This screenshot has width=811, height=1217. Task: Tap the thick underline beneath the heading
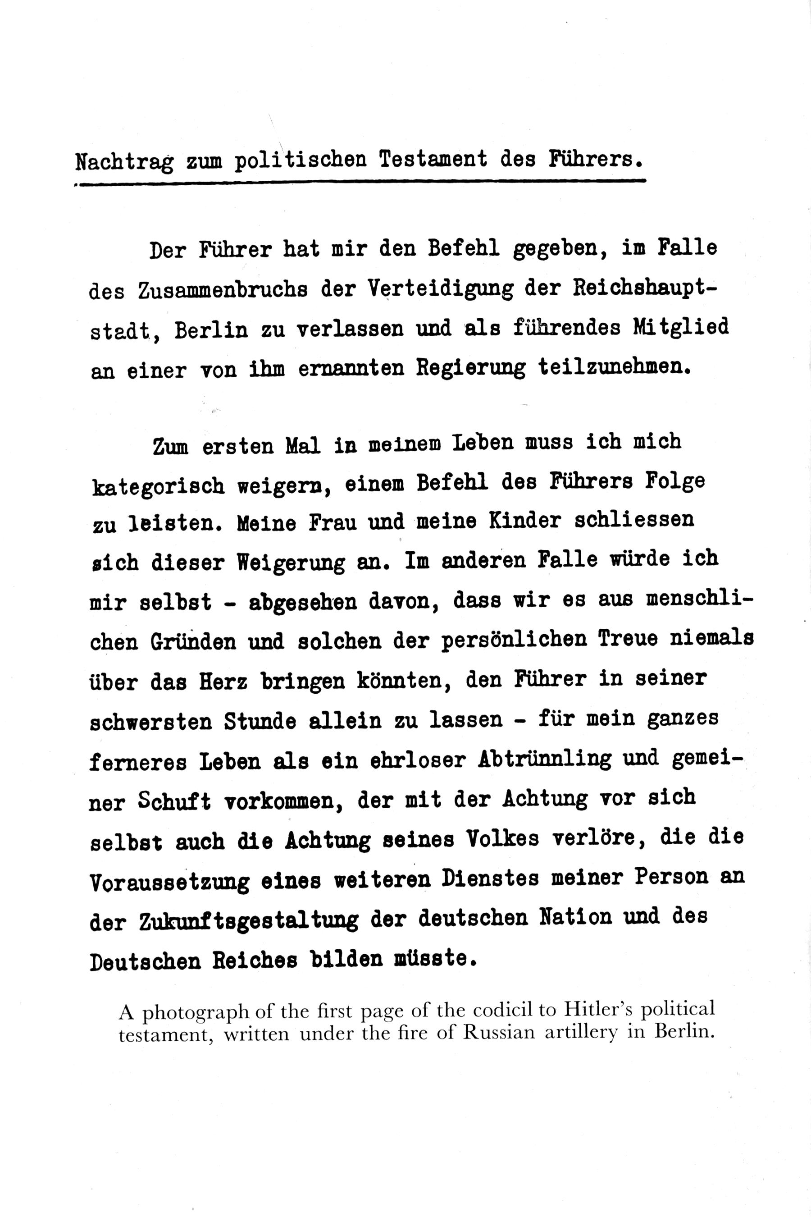point(362,182)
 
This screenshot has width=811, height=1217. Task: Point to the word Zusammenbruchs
point(223,290)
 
